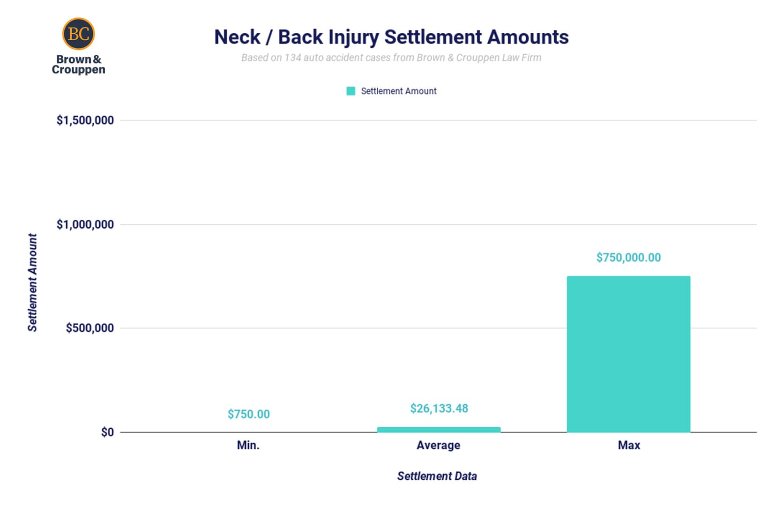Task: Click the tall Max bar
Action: click(x=628, y=354)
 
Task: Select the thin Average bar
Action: click(x=439, y=430)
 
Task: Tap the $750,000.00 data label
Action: click(x=628, y=258)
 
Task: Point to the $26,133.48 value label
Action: click(x=439, y=409)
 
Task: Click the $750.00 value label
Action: click(x=248, y=414)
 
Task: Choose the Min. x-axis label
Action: click(x=248, y=445)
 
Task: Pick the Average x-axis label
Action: click(x=438, y=445)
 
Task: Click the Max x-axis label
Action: click(x=628, y=445)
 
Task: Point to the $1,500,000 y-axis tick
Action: click(x=85, y=120)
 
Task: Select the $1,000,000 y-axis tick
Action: click(x=85, y=224)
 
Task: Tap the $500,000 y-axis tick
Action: click(x=89, y=328)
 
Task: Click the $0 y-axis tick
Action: click(x=107, y=432)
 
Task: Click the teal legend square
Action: click(x=350, y=91)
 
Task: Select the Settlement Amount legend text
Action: click(x=398, y=91)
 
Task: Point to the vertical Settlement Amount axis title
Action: click(x=32, y=283)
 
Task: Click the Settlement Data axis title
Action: click(x=437, y=476)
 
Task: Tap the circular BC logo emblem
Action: click(x=78, y=34)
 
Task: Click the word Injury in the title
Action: click(x=353, y=37)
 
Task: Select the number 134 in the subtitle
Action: click(x=292, y=58)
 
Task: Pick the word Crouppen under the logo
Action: click(x=78, y=70)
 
